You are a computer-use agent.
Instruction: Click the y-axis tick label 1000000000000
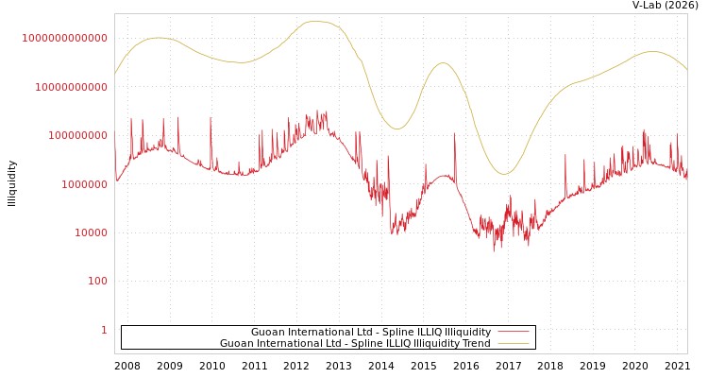click(x=64, y=38)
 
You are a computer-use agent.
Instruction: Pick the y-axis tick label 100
click(x=98, y=282)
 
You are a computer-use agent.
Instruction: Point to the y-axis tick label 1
click(x=104, y=330)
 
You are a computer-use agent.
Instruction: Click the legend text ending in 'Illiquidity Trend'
click(x=355, y=344)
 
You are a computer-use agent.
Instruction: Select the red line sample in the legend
click(x=513, y=333)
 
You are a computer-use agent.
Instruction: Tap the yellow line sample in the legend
click(x=513, y=344)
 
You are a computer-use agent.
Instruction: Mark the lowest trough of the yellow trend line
click(x=504, y=174)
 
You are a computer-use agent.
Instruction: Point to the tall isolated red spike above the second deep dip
click(x=455, y=134)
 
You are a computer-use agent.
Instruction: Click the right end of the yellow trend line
click(x=687, y=70)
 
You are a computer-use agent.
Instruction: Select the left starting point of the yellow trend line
click(x=115, y=74)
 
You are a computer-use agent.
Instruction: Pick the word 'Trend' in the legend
click(x=476, y=344)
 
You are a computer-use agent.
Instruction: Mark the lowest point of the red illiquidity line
click(x=493, y=251)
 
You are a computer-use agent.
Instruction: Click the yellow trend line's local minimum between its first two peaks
click(x=244, y=62)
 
